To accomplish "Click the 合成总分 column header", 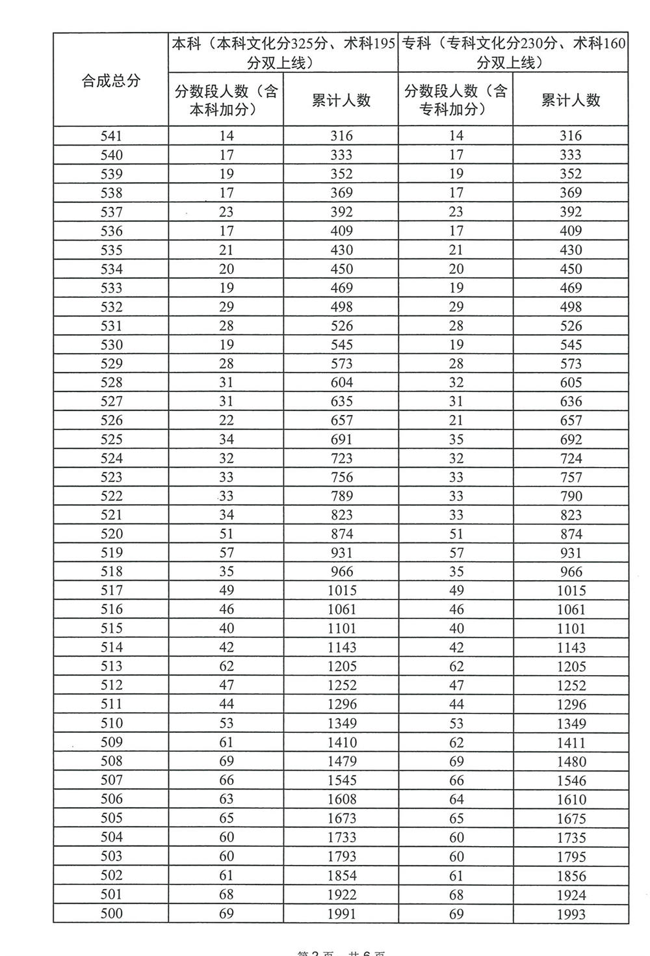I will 110,81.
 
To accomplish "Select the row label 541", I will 111,136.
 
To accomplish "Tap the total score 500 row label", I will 111,913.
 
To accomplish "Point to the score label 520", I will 111,534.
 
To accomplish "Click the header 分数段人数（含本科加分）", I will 226,100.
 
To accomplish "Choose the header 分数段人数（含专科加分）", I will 456,100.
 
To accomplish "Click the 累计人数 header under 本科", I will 341,100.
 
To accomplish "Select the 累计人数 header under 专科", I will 571,100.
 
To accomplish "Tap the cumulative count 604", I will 341,382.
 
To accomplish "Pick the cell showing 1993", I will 571,914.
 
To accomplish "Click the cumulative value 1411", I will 571,743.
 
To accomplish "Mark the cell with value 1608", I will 341,799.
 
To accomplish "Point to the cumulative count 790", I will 571,496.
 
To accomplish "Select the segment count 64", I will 456,799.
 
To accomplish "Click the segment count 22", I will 226,420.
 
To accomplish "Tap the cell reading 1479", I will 341,762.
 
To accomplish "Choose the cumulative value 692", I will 571,440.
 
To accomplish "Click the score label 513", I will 111,667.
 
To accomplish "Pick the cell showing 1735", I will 571,838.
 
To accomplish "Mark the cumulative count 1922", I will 341,894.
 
